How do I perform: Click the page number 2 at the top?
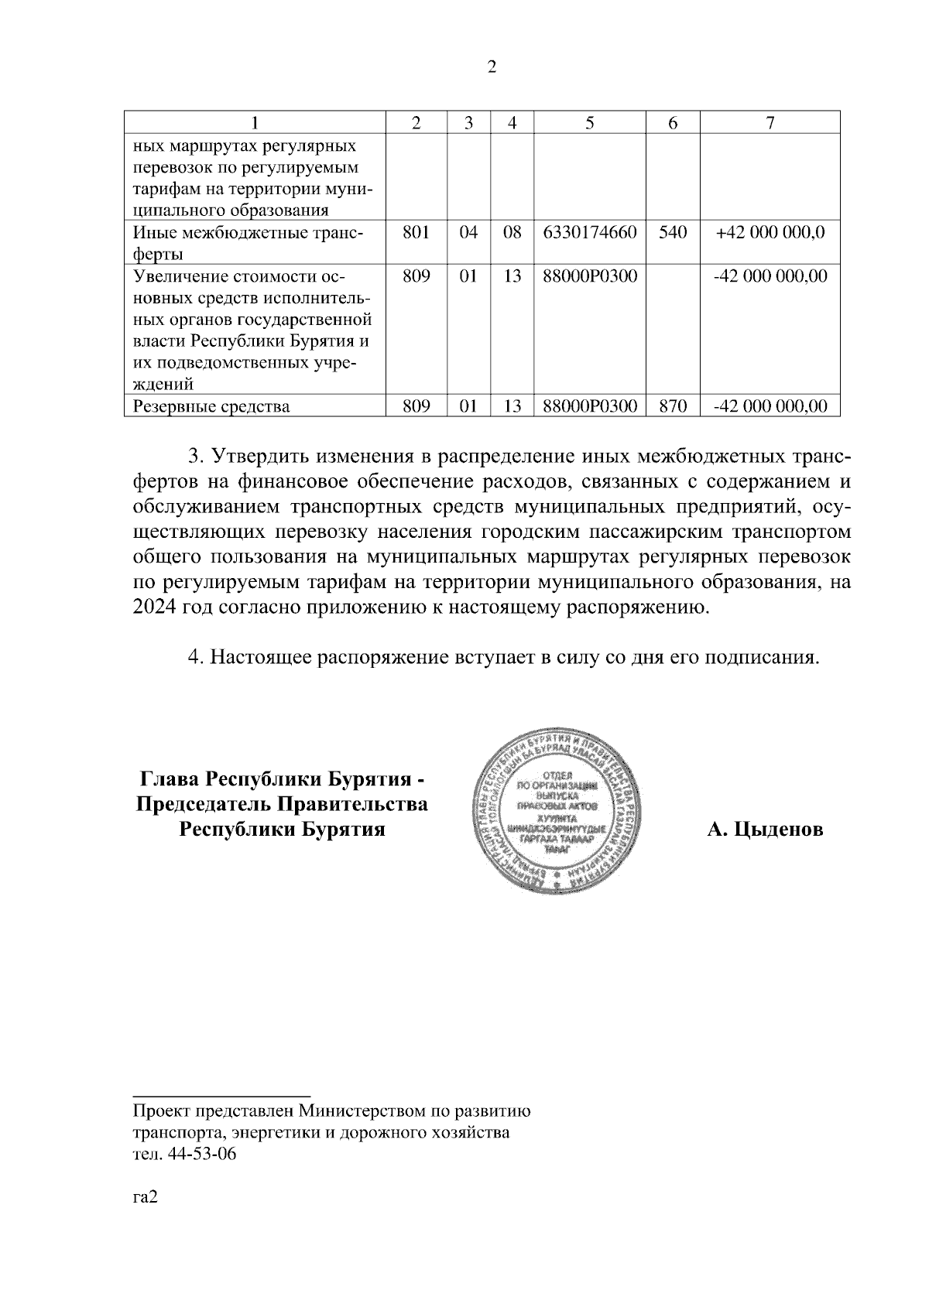coord(492,67)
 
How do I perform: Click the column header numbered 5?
coord(590,122)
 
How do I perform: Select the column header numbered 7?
coord(770,122)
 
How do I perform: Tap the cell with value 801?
coord(417,231)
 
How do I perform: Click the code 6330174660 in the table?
coord(590,231)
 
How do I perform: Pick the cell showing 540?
coord(672,231)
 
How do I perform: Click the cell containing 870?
coord(672,405)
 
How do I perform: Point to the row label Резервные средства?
coord(211,405)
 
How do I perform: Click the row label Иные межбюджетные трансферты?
coord(248,242)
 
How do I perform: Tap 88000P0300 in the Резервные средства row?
coord(590,405)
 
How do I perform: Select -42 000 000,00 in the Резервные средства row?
coord(770,405)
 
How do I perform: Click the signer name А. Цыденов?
coord(764,830)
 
